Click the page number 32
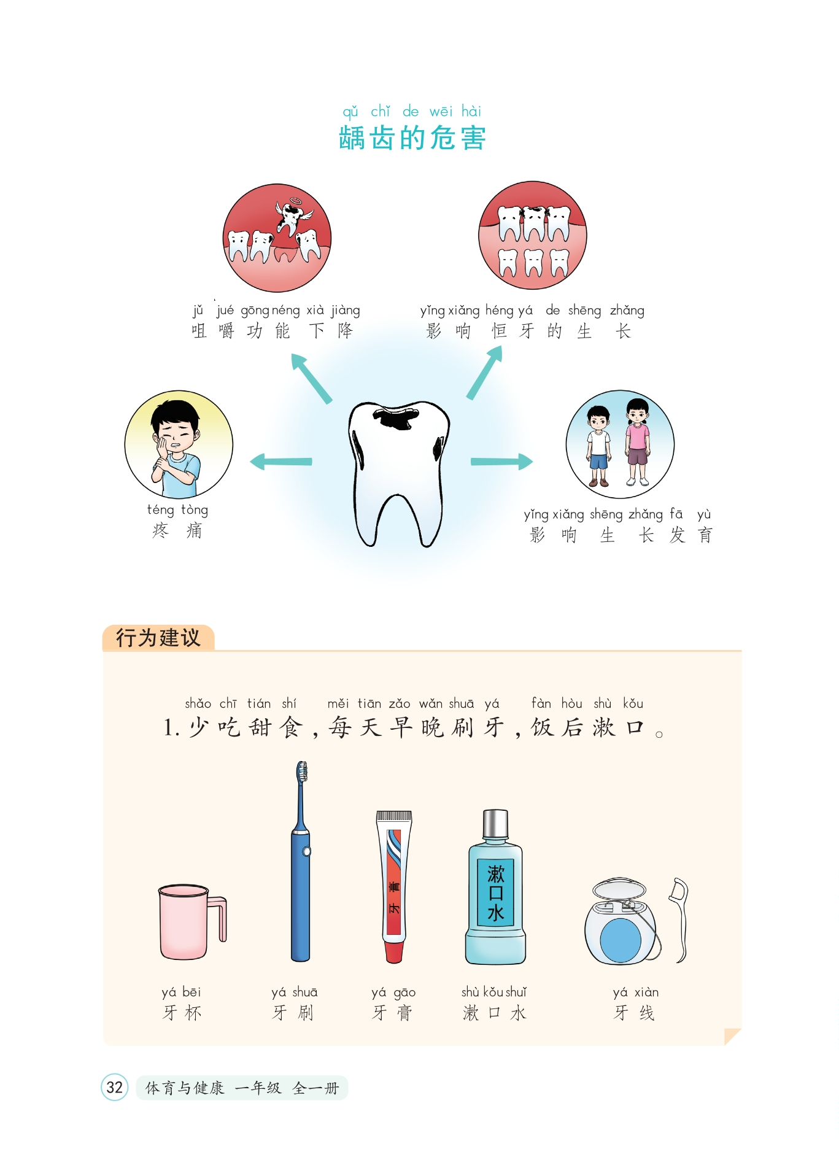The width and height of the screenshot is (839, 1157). (x=114, y=1088)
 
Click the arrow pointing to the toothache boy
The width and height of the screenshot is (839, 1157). (x=281, y=462)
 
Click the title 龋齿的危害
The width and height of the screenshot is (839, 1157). (x=412, y=138)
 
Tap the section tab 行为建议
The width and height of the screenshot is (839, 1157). (x=158, y=638)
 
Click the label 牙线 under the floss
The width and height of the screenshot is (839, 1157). (x=635, y=1013)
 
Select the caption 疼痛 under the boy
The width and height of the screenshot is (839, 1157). (x=177, y=530)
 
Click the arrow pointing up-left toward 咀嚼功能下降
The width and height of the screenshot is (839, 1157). (x=311, y=378)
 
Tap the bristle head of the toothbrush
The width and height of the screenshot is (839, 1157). (x=302, y=772)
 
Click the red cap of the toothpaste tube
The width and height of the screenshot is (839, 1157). (x=393, y=953)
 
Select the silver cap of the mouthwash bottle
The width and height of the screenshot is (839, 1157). (x=495, y=824)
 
